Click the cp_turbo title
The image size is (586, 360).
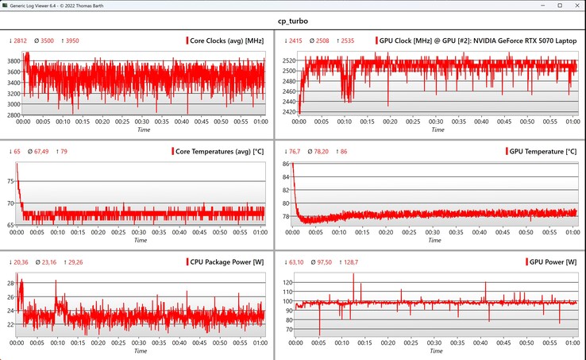pyautogui.click(x=292, y=21)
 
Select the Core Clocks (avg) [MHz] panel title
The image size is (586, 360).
pyautogui.click(x=227, y=41)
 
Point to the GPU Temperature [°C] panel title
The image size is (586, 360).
pyautogui.click(x=541, y=151)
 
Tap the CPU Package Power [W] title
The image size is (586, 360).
pyautogui.click(x=226, y=261)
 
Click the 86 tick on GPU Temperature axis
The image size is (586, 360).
pyautogui.click(x=284, y=164)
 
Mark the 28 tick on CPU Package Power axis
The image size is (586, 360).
pyautogui.click(x=9, y=283)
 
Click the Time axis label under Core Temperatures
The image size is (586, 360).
pyautogui.click(x=140, y=240)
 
